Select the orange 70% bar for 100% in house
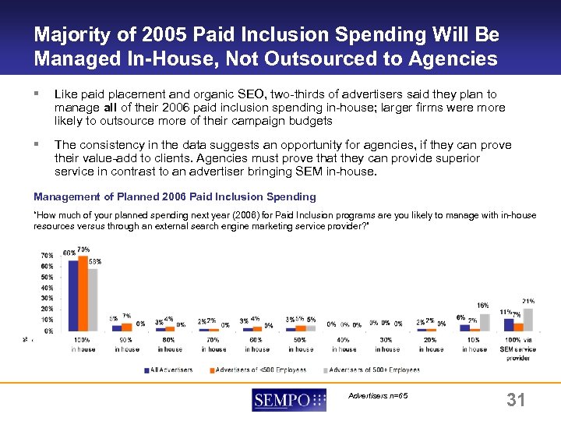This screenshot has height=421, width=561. (83, 293)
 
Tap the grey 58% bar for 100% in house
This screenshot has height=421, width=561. (93, 299)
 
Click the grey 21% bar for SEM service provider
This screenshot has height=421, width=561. (527, 319)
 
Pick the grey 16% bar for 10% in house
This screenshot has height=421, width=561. (485, 322)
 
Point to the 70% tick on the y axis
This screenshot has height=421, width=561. (47, 255)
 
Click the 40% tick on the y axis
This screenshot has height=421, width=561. (47, 288)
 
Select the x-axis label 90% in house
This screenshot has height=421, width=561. (125, 345)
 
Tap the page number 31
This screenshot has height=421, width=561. (515, 401)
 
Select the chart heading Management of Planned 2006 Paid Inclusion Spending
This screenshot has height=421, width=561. (175, 196)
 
